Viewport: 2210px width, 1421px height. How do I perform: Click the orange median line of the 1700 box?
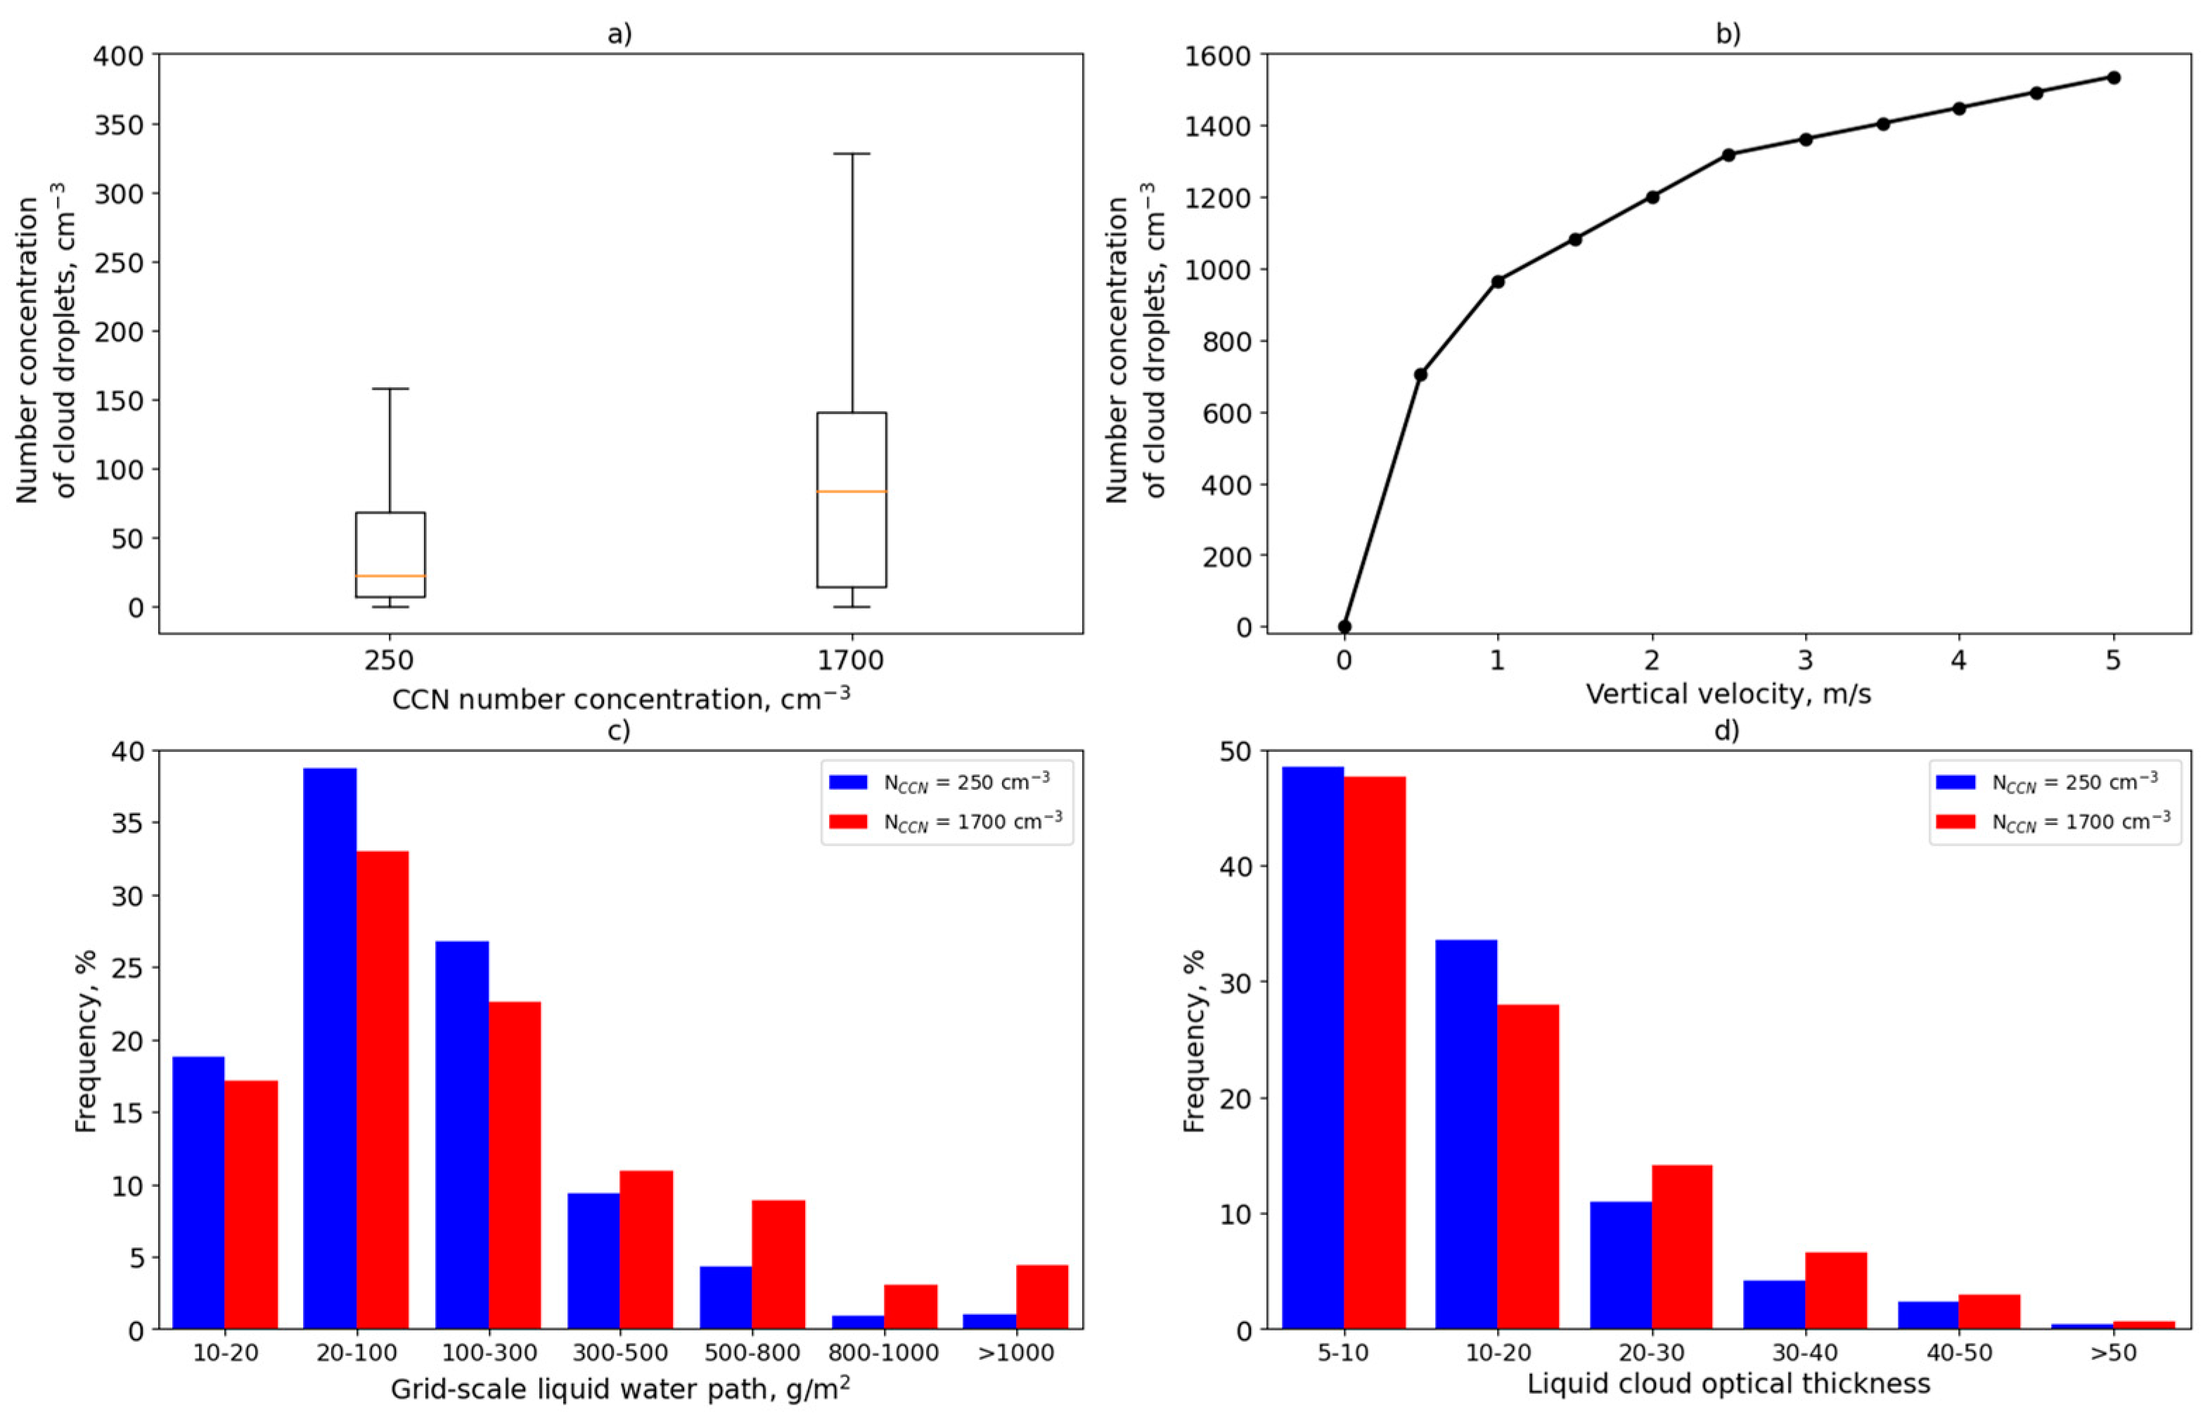point(850,491)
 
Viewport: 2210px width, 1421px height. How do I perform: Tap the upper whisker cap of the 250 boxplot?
point(390,389)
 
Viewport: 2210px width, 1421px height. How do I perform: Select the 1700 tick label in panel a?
point(850,661)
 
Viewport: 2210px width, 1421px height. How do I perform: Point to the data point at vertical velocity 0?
point(1344,627)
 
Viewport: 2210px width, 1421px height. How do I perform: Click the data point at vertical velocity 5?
point(2113,77)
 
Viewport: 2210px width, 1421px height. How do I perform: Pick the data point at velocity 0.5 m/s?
point(1420,375)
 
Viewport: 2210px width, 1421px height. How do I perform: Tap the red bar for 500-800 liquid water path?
point(778,1264)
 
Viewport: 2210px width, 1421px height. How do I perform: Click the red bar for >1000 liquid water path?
point(1042,1297)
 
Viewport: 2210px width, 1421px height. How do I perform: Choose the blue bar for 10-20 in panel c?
point(198,1192)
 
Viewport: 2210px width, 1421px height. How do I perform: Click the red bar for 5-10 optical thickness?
point(1375,1052)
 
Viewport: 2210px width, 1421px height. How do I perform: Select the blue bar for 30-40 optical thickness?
point(1773,1304)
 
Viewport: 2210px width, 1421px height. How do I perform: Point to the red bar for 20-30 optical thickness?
point(1682,1247)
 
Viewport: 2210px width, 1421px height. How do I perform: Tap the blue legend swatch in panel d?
point(1955,781)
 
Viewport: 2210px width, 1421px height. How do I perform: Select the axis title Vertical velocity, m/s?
point(1728,694)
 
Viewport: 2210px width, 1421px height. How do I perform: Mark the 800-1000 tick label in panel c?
point(883,1354)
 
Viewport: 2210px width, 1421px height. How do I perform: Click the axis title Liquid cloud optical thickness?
point(1728,1384)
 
